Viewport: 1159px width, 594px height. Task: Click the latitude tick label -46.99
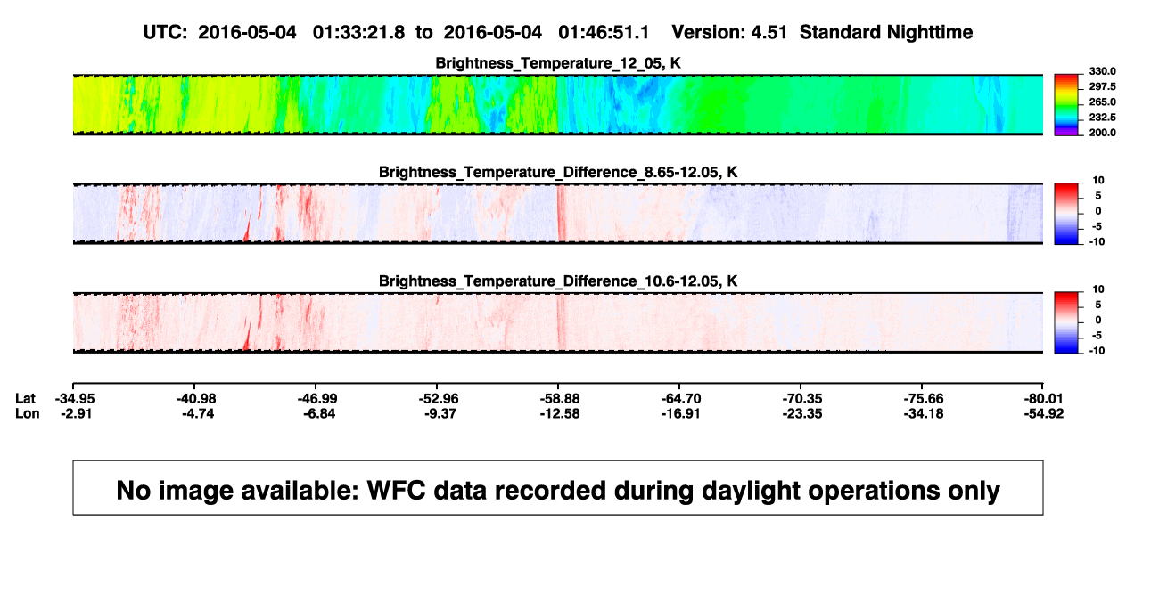[317, 399]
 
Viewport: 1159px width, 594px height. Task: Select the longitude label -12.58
[560, 413]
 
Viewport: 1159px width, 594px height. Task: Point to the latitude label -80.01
[1043, 399]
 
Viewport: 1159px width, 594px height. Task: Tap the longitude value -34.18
[924, 413]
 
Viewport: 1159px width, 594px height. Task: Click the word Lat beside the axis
[25, 399]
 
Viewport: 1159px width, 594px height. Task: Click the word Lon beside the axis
[28, 413]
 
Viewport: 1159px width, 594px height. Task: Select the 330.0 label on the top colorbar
[1102, 71]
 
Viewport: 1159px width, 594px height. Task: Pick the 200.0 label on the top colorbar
[1102, 133]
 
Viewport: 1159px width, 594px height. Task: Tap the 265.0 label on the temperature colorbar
[1102, 102]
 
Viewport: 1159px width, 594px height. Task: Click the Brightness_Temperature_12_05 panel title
[558, 63]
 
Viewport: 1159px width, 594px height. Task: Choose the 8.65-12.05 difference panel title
[558, 172]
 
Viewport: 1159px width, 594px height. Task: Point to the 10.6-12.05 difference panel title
[558, 281]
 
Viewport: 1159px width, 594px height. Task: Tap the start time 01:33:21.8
[358, 32]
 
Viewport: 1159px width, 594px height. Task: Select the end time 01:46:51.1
[604, 32]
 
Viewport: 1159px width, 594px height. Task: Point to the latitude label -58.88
[560, 399]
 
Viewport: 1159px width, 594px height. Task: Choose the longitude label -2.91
[76, 413]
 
